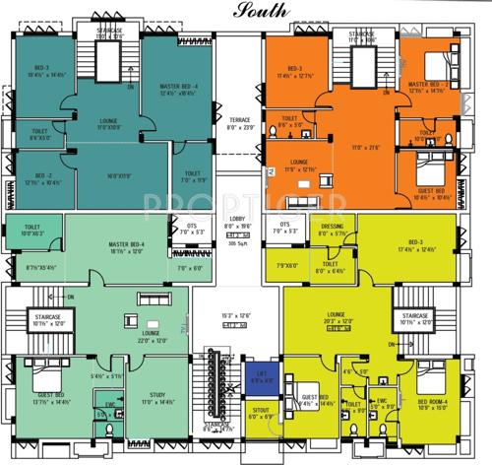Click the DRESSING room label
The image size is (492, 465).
(x=333, y=227)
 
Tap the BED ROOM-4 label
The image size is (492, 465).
(x=433, y=402)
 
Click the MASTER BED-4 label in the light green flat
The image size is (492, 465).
(x=103, y=245)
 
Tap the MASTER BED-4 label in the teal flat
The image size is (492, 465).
(x=179, y=87)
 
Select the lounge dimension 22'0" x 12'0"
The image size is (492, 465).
(x=151, y=340)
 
